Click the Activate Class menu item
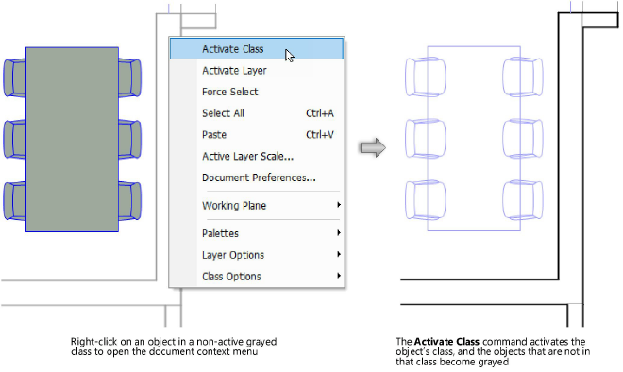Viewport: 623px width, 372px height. (x=232, y=49)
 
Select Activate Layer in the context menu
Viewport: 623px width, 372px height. (x=234, y=70)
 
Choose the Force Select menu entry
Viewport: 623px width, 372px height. (x=229, y=92)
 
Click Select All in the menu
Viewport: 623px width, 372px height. (x=223, y=113)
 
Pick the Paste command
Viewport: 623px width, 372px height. (x=215, y=135)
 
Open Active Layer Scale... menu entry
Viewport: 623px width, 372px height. (x=247, y=156)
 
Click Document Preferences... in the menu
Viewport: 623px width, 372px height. (x=258, y=178)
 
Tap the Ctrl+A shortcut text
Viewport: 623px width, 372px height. (x=319, y=113)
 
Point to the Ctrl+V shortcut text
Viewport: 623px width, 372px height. (x=319, y=135)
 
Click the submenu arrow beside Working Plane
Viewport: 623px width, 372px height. (x=338, y=206)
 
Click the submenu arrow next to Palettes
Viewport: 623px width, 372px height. (x=338, y=233)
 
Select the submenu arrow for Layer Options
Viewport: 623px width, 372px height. (x=338, y=255)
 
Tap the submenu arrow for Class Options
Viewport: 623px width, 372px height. (x=338, y=277)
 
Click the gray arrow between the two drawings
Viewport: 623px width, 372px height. (x=375, y=147)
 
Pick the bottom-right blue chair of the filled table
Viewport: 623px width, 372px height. (x=130, y=200)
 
